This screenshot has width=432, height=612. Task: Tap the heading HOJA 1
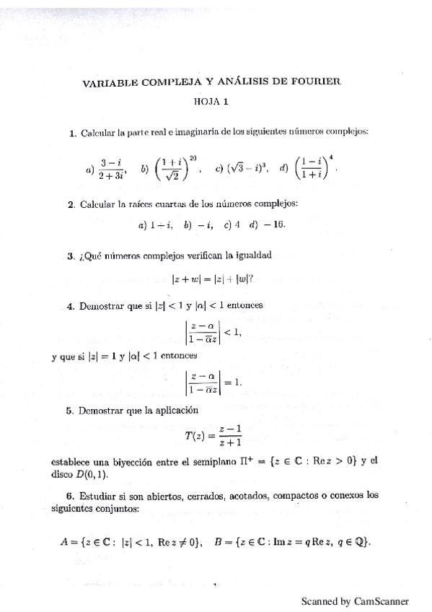pos(211,102)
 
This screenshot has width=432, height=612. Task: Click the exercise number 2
pos(71,204)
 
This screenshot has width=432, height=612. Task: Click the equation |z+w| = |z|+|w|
pos(216,278)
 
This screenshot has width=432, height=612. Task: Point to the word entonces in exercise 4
pos(245,305)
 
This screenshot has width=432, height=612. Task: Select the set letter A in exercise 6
pos(65,543)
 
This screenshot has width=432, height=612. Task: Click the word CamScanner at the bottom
pos(382,600)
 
